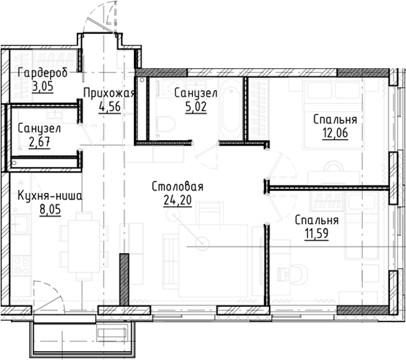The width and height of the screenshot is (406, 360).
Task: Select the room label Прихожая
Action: (108, 93)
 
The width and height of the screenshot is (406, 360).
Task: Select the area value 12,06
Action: (335, 132)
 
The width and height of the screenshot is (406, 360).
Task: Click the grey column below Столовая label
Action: (124, 279)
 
